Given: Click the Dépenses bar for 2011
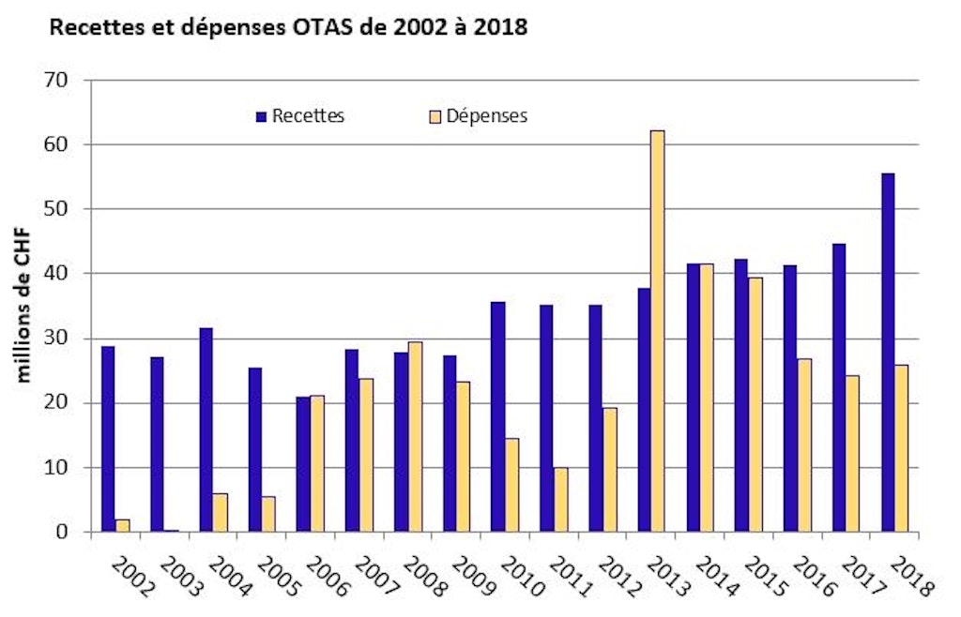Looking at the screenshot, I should pos(560,500).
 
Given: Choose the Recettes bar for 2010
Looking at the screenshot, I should pos(497,416).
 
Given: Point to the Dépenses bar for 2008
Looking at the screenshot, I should pos(415,437).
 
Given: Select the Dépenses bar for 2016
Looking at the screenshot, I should pos(804,445).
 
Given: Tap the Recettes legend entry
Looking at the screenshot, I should pos(300,116).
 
